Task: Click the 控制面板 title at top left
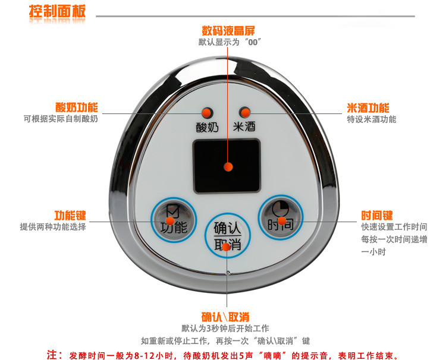[57, 11]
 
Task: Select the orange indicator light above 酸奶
[207, 112]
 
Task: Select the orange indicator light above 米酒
[244, 112]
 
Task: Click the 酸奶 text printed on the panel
[206, 127]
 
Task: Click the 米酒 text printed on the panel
[243, 127]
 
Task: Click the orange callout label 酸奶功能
[77, 108]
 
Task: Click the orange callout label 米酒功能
[368, 108]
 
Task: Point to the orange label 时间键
[377, 216]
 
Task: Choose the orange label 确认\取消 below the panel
[225, 316]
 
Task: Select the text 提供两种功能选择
[53, 227]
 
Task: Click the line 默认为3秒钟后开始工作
[225, 329]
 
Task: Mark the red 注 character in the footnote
[54, 355]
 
